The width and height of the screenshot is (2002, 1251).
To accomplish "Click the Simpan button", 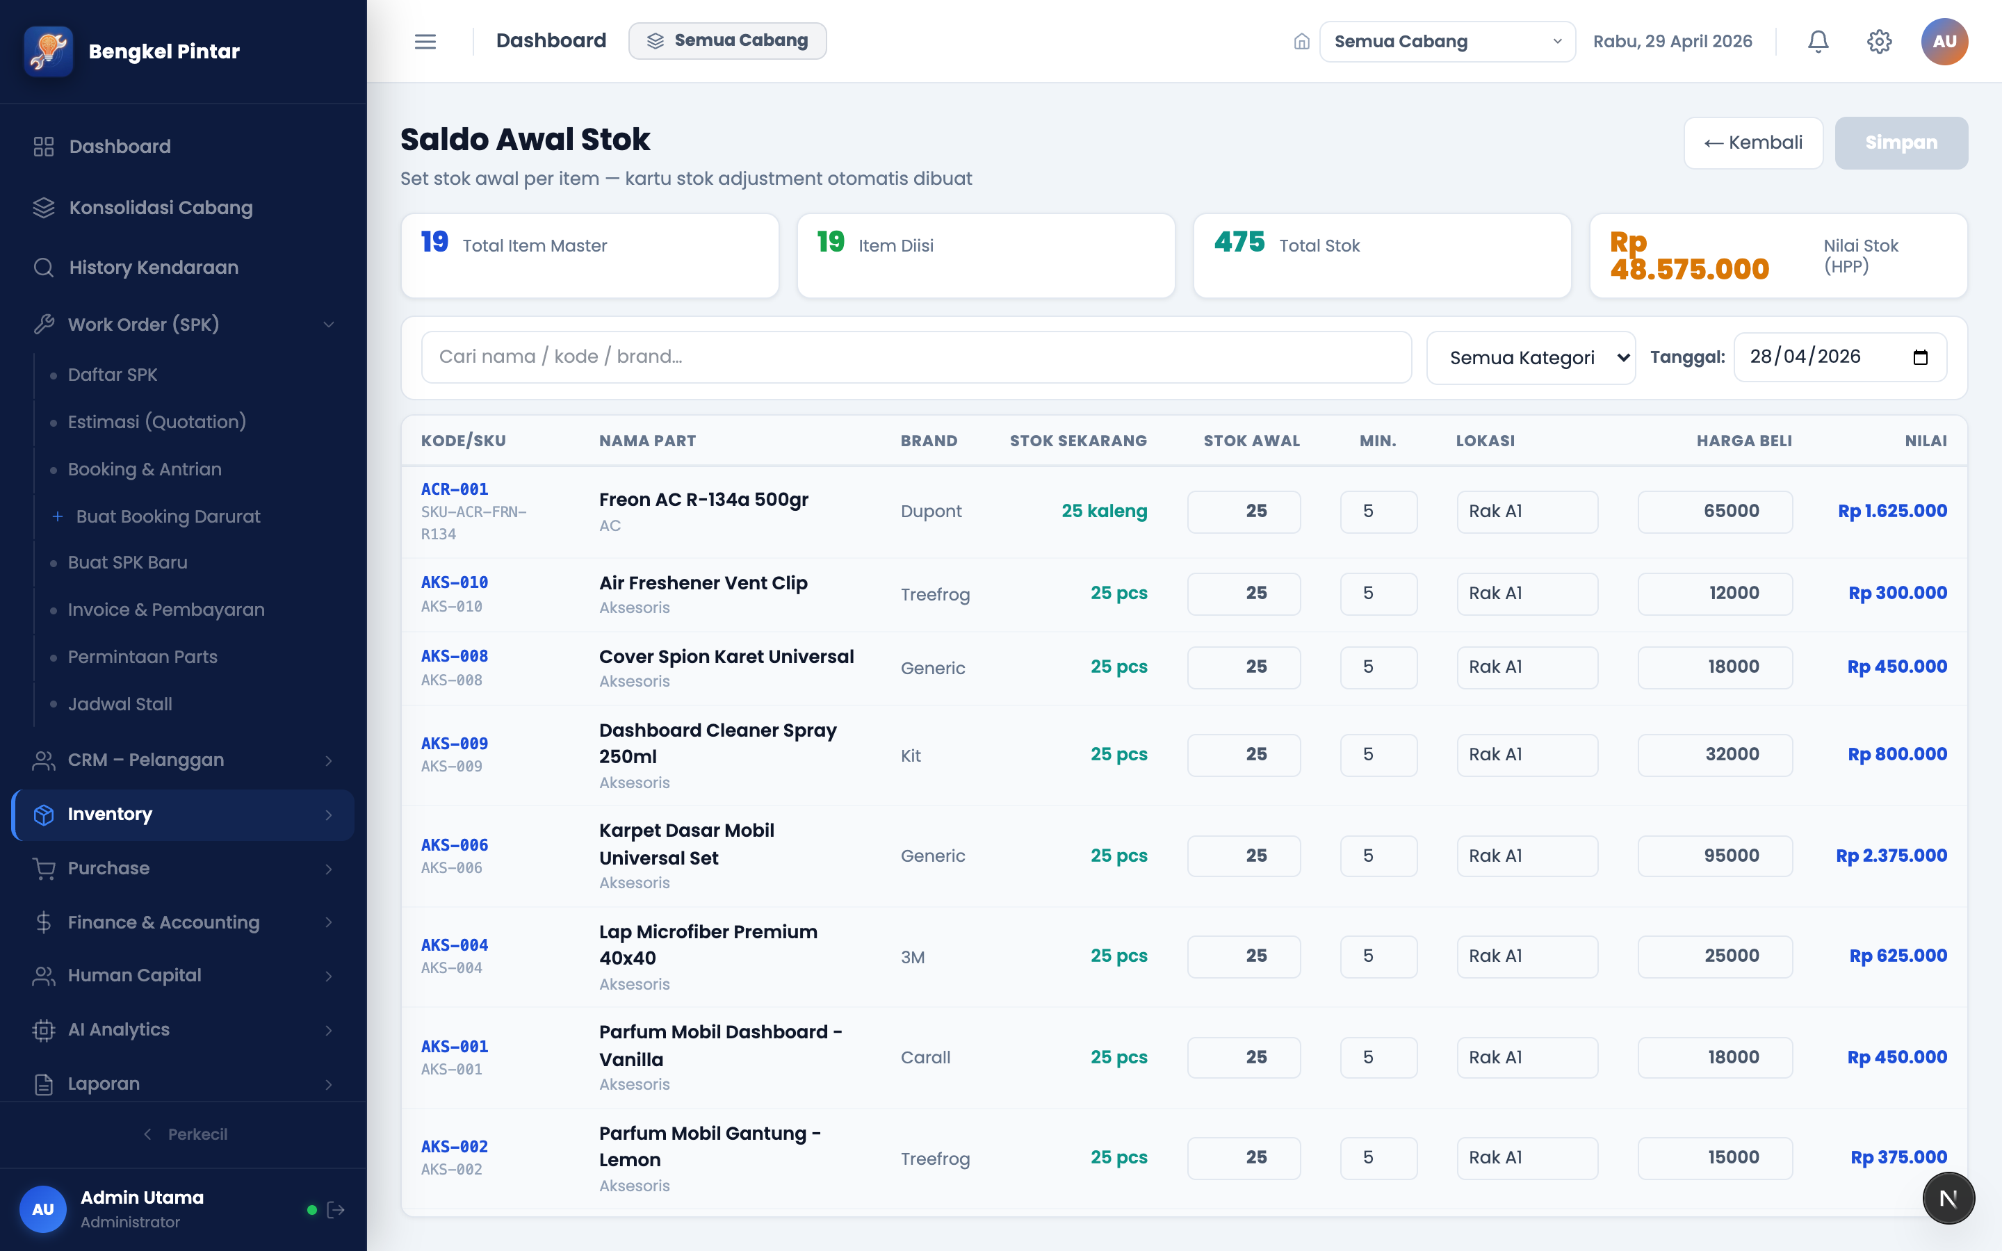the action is pos(1901,142).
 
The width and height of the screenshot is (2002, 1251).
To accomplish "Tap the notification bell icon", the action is pos(1818,42).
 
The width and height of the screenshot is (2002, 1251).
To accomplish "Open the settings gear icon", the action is pos(1879,42).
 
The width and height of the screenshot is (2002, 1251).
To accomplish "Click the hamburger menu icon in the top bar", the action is pos(425,42).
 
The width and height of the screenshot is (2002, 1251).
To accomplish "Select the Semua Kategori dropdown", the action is pos(1531,357).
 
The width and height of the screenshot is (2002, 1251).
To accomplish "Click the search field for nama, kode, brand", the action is pos(915,357).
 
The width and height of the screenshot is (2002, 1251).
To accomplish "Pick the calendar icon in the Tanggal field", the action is pos(1920,357).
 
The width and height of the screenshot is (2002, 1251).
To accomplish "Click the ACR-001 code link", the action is pos(454,489).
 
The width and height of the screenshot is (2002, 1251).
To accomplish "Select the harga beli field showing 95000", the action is pos(1715,856).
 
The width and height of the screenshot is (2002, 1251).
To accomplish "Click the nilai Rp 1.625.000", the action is pos(1892,512).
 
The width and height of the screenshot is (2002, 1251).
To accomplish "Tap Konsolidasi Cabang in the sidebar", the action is pos(161,208).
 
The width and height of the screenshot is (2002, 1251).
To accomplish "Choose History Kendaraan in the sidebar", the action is pos(154,268).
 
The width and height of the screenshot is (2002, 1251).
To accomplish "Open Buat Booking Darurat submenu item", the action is pos(168,516).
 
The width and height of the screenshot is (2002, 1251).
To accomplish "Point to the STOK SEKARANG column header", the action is pos(1078,441).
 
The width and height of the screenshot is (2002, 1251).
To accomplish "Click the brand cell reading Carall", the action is pos(925,1057).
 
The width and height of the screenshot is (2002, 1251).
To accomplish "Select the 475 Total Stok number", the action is pos(1239,242).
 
